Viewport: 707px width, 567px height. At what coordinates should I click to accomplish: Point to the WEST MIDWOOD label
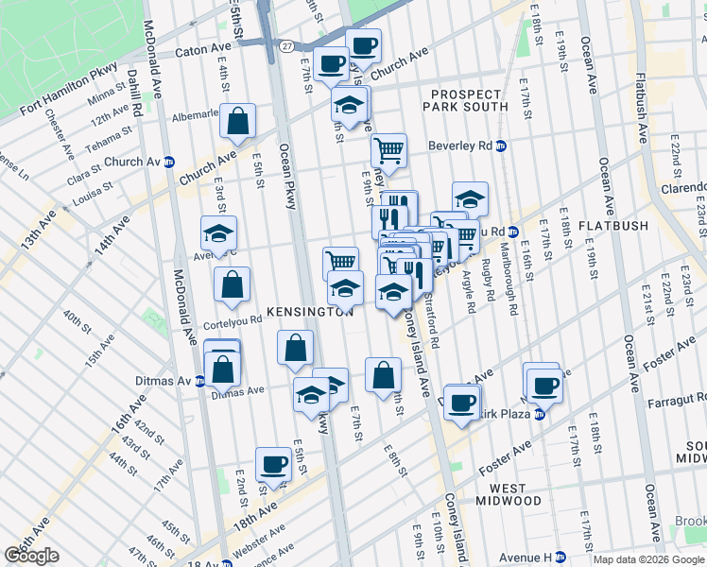tap(509, 493)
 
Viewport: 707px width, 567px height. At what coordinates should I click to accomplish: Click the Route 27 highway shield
tap(285, 46)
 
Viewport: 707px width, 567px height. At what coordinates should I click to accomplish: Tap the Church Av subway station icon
tap(169, 162)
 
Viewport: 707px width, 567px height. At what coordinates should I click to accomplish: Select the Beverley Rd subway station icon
tap(501, 146)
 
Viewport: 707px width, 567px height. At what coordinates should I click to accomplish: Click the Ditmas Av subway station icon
tap(199, 382)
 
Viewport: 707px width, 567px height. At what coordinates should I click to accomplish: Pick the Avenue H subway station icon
tap(560, 556)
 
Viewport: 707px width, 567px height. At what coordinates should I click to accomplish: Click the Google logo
tap(31, 556)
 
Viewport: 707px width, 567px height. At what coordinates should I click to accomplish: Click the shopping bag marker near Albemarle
tap(237, 121)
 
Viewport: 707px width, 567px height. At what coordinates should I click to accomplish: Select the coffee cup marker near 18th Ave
tap(273, 464)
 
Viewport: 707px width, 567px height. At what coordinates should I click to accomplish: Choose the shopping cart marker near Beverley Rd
tap(388, 149)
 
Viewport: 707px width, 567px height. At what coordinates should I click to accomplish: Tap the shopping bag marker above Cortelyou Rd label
tap(232, 284)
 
